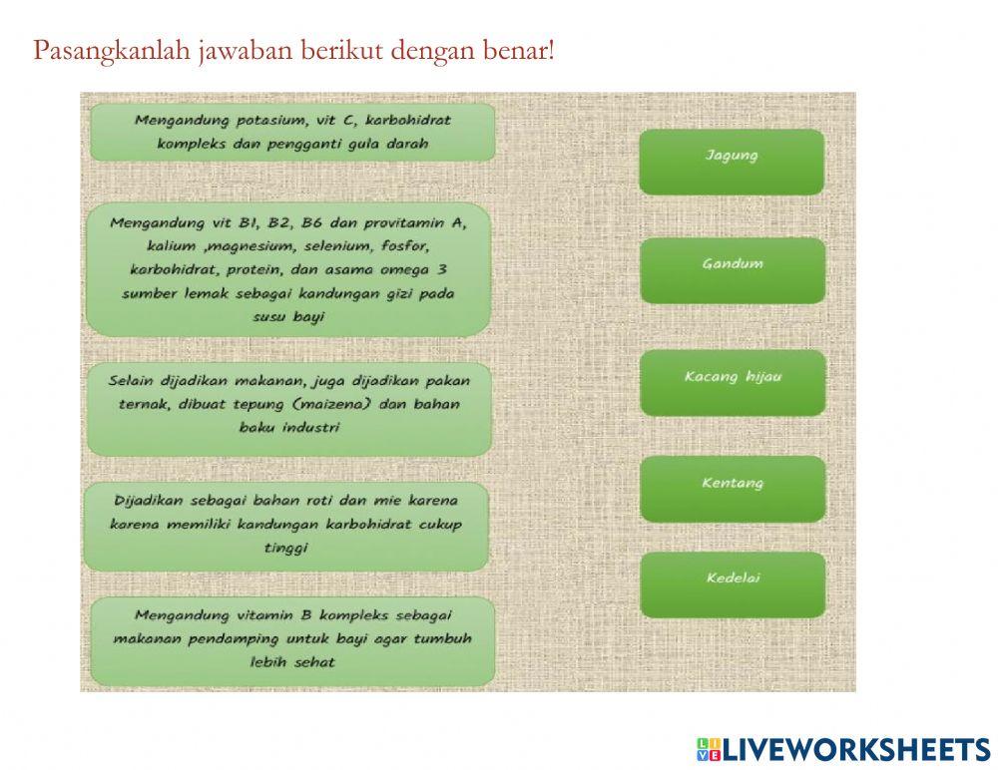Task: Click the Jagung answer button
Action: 732,161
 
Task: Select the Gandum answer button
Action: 732,269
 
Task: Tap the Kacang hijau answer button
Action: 733,382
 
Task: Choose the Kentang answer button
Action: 733,489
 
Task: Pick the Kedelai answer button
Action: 733,583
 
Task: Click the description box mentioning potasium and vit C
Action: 292,133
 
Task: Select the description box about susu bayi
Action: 287,269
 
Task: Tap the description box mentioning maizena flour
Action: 289,409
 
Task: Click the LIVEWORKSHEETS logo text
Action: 855,749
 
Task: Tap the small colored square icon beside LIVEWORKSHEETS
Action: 708,750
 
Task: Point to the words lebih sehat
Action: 291,662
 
